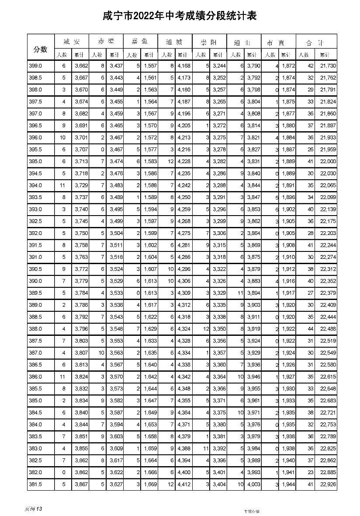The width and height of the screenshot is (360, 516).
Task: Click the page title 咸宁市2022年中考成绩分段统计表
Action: (x=180, y=16)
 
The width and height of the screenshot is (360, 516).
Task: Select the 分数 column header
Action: (x=40, y=49)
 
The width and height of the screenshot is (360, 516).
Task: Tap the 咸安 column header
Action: (x=72, y=42)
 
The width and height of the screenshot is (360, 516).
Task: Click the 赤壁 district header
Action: (x=106, y=42)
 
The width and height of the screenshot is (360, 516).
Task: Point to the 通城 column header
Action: (x=175, y=42)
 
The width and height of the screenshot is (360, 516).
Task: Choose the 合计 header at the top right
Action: (x=315, y=42)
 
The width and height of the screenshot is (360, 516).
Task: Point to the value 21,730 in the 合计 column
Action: (x=328, y=66)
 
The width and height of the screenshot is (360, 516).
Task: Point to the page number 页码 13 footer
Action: (x=34, y=509)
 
